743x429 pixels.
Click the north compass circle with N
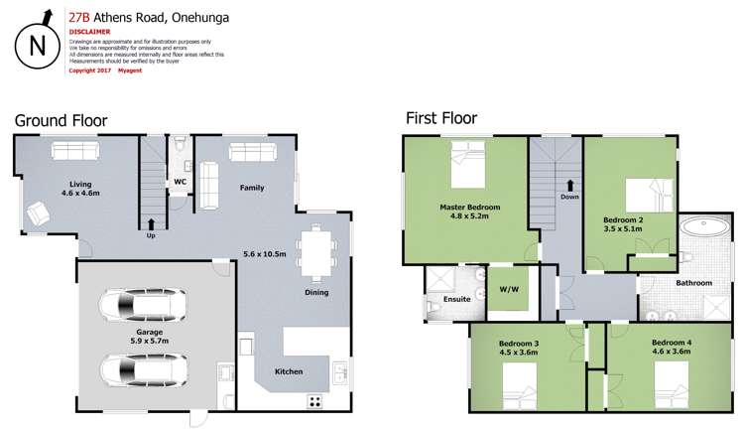coord(36,44)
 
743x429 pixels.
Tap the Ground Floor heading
coord(61,121)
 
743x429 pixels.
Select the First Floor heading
coord(441,118)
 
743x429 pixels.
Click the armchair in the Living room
coord(39,213)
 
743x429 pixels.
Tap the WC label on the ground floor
coord(181,183)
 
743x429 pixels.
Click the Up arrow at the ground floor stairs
coord(151,224)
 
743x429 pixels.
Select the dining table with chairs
coord(317,250)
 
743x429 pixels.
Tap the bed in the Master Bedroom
coord(466,163)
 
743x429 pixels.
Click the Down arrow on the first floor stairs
coord(569,186)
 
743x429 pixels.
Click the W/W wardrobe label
coord(509,290)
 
